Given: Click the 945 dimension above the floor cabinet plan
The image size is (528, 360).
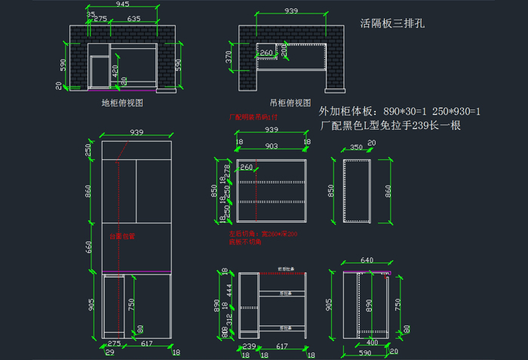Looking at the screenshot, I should pyautogui.click(x=121, y=5).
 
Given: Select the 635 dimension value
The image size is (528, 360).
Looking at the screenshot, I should pyautogui.click(x=134, y=18).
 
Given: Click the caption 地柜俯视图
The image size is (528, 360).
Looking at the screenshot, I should pyautogui.click(x=122, y=102).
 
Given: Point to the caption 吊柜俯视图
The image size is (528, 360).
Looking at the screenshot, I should pyautogui.click(x=290, y=102).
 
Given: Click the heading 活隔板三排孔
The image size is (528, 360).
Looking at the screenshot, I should pyautogui.click(x=392, y=23).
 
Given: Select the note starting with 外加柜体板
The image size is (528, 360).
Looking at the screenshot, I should pyautogui.click(x=400, y=111).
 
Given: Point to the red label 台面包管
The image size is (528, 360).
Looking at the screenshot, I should pyautogui.click(x=123, y=236).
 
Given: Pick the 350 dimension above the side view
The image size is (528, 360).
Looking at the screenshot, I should pyautogui.click(x=355, y=149).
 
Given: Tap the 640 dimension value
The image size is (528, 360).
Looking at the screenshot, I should pyautogui.click(x=367, y=260).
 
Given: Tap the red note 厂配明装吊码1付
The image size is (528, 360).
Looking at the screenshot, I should pyautogui.click(x=253, y=118).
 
